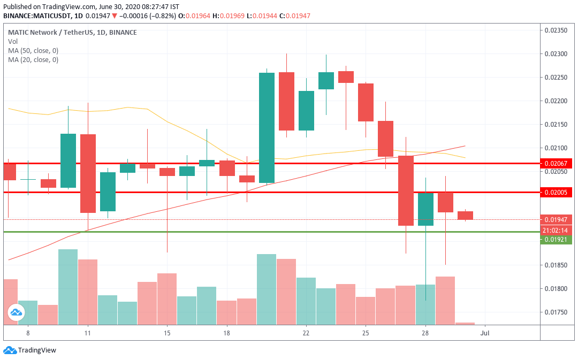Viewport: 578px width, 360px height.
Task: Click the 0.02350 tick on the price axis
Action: click(556, 30)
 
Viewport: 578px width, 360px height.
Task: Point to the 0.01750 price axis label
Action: click(556, 312)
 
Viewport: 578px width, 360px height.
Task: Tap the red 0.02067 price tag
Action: click(557, 163)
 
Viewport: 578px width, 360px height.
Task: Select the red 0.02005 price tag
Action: click(557, 192)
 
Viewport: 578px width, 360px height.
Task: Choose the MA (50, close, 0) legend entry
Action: click(33, 50)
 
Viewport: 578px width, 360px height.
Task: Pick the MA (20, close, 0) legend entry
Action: click(33, 59)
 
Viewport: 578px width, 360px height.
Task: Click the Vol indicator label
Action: click(12, 41)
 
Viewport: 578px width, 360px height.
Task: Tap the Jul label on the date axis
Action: click(485, 333)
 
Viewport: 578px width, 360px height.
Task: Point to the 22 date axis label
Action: click(306, 333)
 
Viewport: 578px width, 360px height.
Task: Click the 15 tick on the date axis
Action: click(167, 333)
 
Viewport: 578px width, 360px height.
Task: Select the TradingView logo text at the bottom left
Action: click(37, 350)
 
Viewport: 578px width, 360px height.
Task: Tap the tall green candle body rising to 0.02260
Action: click(267, 128)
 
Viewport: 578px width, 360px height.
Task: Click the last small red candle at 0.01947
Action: click(465, 215)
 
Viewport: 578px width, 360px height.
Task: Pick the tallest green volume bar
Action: click(67, 287)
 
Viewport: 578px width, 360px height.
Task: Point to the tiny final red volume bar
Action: click(465, 323)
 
